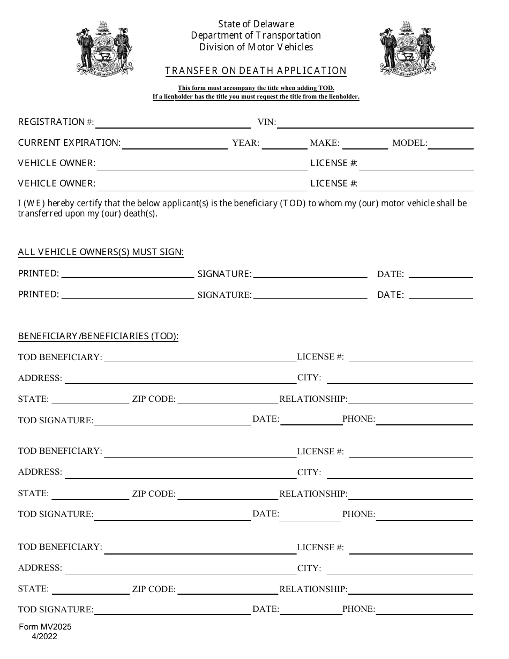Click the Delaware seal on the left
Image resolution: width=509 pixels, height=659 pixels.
coord(104,48)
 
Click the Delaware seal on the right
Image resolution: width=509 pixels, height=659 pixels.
coord(408,48)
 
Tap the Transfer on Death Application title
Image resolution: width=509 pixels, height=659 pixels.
coord(256,71)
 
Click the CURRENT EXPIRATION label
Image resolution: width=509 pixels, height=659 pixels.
coord(69,143)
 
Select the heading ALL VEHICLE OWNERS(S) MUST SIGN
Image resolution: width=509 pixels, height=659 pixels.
coord(101,252)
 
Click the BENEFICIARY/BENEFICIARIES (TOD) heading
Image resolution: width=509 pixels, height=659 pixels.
coord(98,336)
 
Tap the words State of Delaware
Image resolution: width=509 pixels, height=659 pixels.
coord(256,24)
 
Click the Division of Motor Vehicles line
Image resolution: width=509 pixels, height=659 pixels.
coord(256,47)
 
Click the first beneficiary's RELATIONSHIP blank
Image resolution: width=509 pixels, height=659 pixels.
coord(410,400)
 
